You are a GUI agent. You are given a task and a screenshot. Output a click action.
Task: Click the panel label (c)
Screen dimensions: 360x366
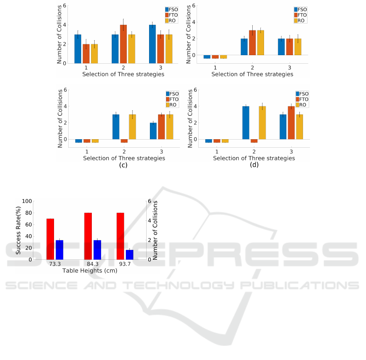tap(123, 165)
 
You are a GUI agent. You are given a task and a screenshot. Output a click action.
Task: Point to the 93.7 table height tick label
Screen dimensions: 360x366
tap(125, 264)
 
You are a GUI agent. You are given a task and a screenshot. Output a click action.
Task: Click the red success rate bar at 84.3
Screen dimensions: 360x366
tap(88, 236)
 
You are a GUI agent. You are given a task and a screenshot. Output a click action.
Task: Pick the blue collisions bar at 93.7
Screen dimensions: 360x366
tap(130, 254)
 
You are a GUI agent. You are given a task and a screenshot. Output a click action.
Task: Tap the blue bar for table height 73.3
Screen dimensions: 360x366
tap(59, 250)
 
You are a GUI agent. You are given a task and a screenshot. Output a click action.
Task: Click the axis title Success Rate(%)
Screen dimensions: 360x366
tap(19, 230)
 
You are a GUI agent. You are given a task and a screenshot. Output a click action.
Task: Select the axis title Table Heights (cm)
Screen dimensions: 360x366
tap(90, 270)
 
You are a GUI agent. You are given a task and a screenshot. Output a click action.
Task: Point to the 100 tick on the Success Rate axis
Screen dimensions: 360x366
tap(27, 201)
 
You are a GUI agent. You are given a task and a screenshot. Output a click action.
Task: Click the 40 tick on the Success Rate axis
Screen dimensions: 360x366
tap(28, 236)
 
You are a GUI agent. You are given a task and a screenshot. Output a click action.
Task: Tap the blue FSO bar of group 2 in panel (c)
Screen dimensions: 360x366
tap(116, 127)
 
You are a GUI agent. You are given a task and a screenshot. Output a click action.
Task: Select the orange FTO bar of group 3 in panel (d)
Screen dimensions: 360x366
tap(291, 123)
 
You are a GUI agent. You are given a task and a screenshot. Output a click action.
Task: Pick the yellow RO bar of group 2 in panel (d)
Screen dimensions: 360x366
tap(262, 123)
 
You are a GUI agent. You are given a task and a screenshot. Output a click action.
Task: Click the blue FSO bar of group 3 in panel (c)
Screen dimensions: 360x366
tap(153, 131)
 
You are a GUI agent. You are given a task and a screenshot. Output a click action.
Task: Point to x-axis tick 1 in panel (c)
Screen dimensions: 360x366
tap(87, 151)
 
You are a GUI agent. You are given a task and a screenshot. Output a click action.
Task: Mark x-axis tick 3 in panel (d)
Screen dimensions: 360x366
tap(291, 151)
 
